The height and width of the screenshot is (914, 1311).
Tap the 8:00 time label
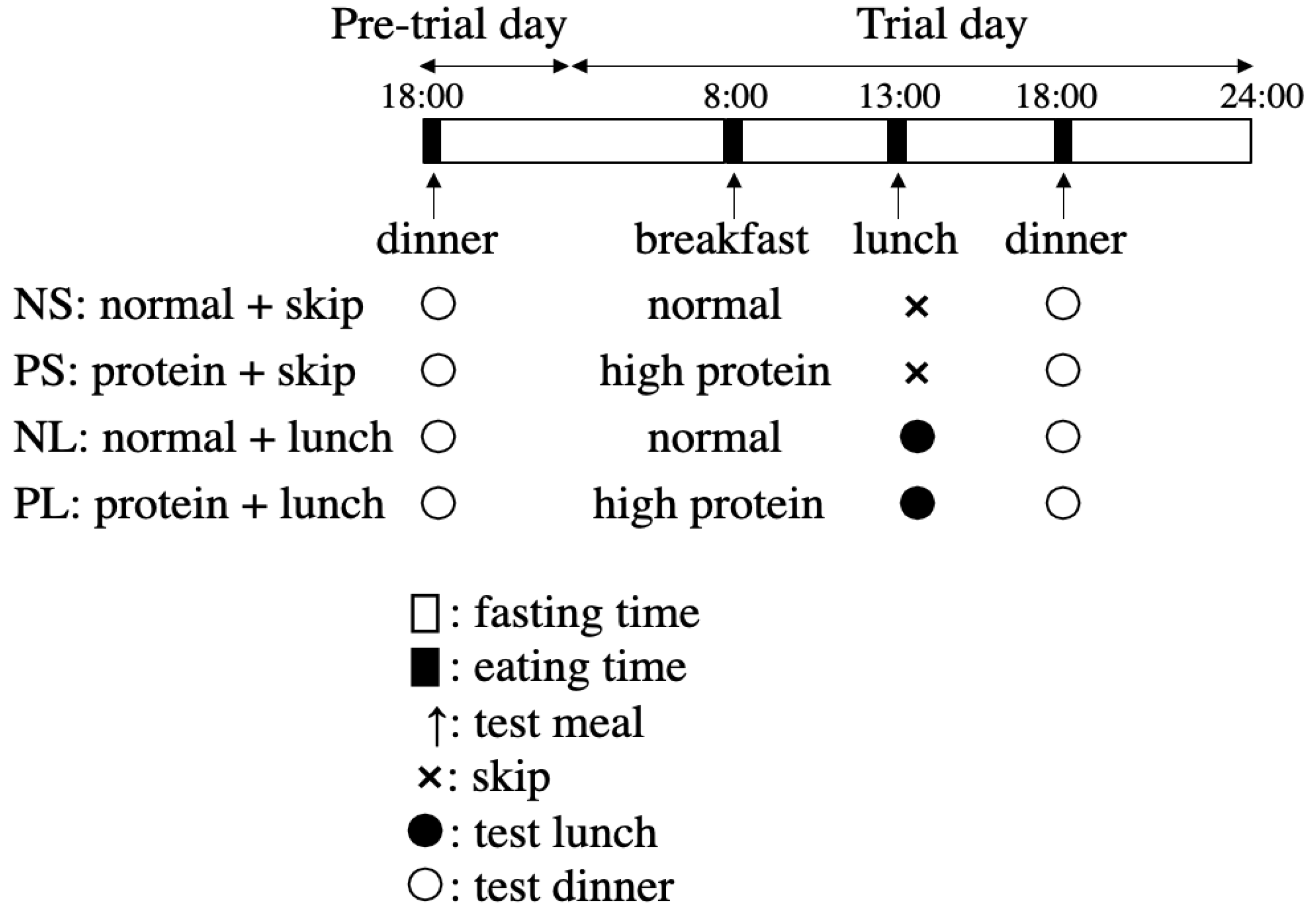(735, 96)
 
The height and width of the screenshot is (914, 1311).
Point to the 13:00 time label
(899, 96)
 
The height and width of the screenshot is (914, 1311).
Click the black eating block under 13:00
(897, 141)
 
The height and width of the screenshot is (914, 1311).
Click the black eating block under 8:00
(733, 141)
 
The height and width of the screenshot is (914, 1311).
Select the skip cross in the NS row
(917, 307)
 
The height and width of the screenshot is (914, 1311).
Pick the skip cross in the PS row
(917, 374)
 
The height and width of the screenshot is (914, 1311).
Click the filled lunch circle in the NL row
(917, 438)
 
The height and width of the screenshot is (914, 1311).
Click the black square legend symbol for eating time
(425, 667)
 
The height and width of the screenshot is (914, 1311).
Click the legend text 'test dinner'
(574, 887)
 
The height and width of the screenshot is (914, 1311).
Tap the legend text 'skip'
(511, 777)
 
